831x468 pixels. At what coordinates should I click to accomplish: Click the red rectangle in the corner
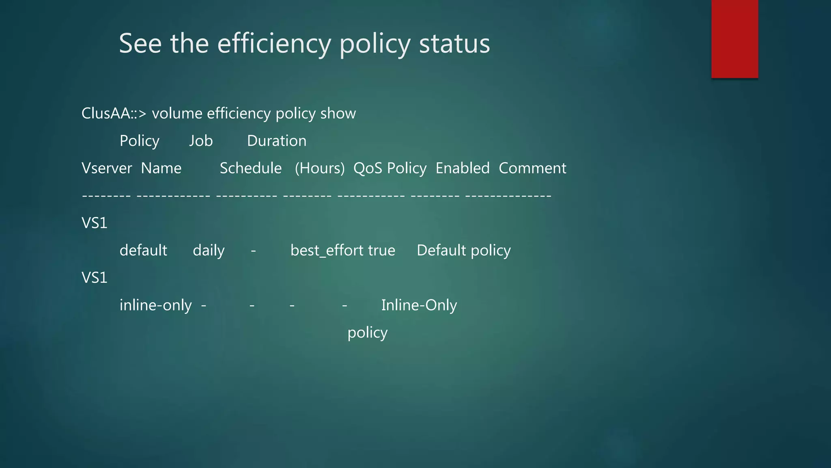click(734, 39)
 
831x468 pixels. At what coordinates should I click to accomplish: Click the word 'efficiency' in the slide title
click(274, 44)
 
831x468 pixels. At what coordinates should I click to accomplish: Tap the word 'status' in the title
click(454, 44)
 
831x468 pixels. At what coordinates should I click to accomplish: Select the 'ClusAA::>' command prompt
click(114, 113)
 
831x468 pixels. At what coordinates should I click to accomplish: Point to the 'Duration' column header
click(277, 141)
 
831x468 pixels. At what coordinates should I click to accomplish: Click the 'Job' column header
click(201, 141)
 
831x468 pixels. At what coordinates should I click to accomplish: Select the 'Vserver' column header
click(107, 168)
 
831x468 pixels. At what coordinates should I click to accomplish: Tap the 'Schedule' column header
click(250, 168)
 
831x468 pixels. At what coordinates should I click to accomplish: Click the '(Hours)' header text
click(320, 168)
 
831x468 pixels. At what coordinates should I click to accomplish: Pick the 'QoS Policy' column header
click(390, 168)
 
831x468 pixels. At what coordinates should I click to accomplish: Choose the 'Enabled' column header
click(463, 168)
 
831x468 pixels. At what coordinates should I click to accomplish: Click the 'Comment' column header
click(532, 168)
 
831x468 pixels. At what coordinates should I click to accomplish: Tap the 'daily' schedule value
click(209, 251)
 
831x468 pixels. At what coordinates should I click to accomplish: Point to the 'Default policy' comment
click(464, 251)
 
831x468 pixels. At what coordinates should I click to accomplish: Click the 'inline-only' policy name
click(155, 305)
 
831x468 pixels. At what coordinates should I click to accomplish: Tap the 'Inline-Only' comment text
click(419, 305)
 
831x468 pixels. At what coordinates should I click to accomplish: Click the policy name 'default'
click(143, 251)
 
